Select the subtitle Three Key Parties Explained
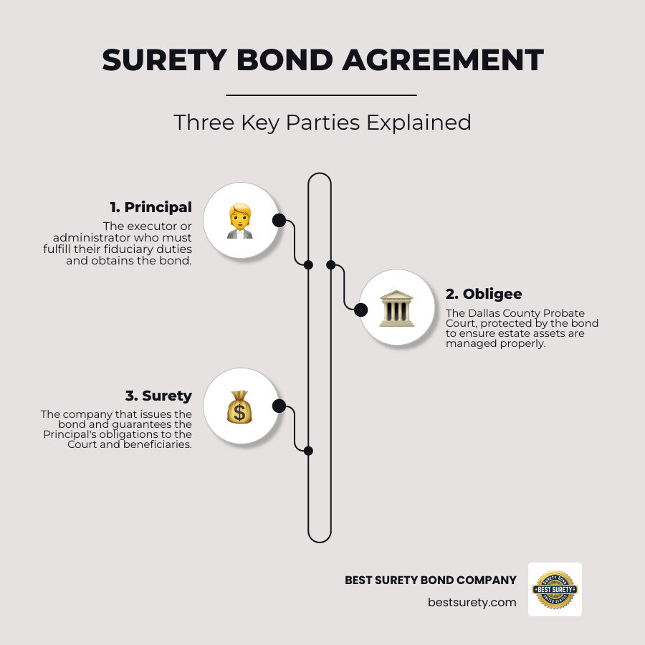(322, 122)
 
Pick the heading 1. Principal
(150, 207)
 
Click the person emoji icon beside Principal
(240, 221)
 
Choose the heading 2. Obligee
(484, 293)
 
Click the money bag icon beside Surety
(240, 406)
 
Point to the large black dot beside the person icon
(279, 220)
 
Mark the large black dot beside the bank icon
(360, 310)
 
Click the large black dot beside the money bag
(279, 406)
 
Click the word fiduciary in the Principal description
(148, 251)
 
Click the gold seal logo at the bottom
(555, 589)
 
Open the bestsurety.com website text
(472, 602)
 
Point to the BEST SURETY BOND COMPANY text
(430, 580)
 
